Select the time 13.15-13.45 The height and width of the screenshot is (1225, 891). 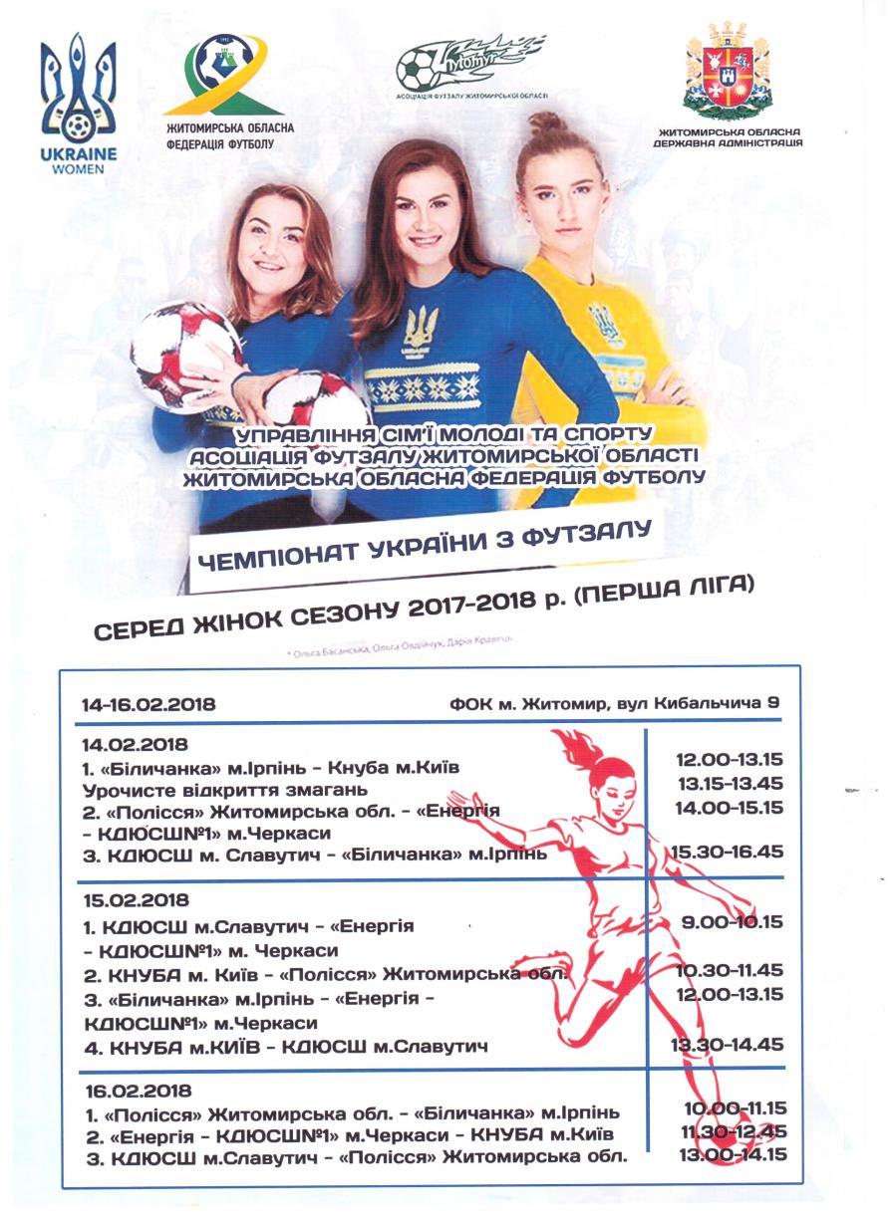point(730,784)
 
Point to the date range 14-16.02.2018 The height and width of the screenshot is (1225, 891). point(148,704)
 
